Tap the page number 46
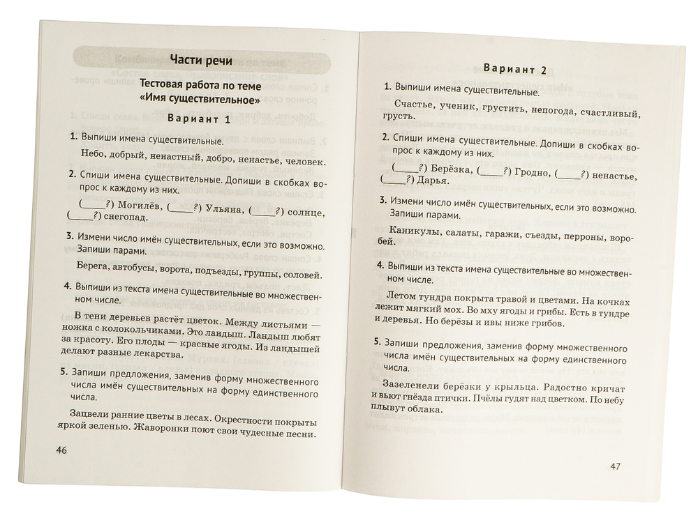(x=61, y=450)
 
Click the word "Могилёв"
(x=135, y=206)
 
